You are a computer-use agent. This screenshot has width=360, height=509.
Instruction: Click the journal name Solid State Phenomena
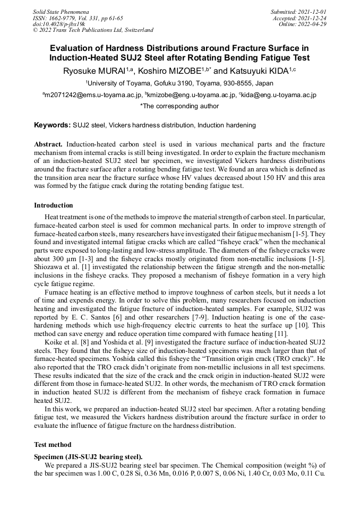[61, 11]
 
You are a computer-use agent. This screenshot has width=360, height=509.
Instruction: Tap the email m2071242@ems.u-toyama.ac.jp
[93, 95]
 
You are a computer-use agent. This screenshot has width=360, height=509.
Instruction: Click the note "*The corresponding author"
[179, 106]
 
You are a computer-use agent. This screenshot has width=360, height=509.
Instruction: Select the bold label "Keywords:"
[52, 125]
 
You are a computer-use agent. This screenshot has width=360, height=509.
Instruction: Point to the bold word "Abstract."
[48, 144]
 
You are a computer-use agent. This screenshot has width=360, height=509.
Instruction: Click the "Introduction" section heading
[54, 205]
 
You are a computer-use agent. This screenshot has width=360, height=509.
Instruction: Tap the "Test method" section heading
[53, 444]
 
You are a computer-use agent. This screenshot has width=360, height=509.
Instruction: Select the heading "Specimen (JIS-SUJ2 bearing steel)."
[88, 456]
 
